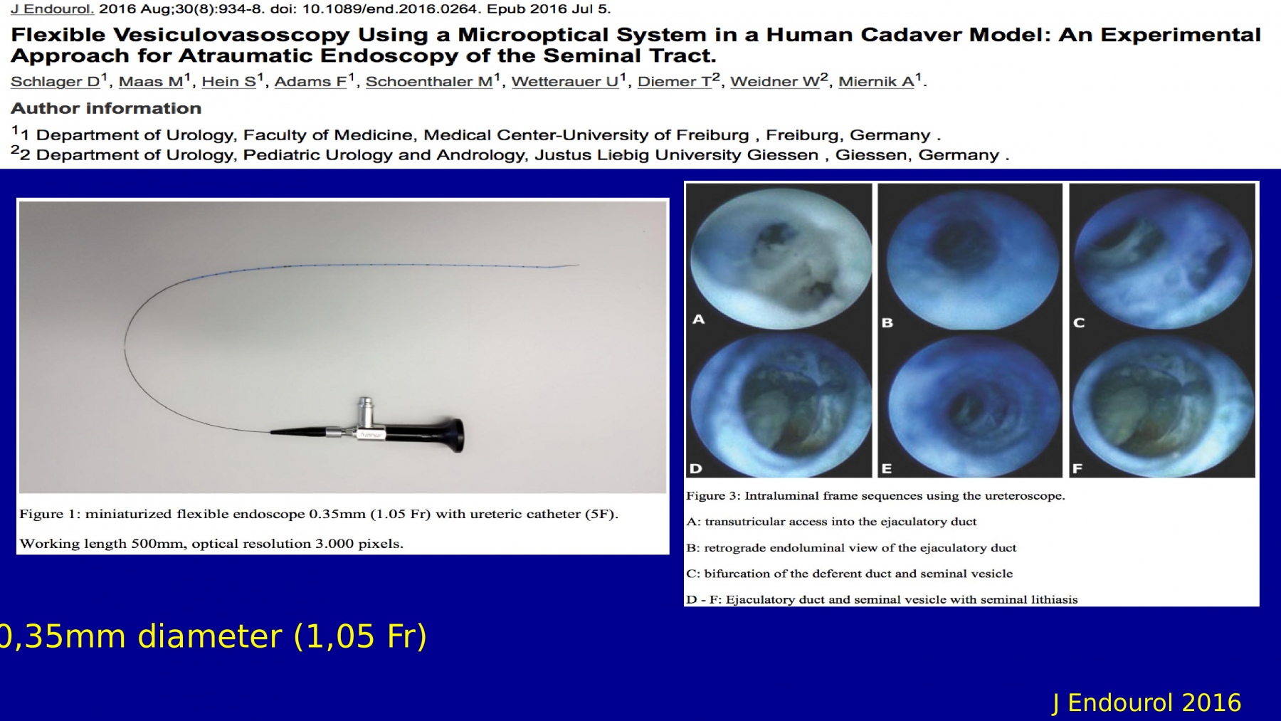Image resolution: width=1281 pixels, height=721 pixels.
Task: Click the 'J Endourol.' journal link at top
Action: pos(52,10)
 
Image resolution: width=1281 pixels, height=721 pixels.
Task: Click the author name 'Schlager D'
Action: pos(56,82)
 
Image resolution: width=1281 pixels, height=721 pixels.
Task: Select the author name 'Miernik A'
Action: pos(876,82)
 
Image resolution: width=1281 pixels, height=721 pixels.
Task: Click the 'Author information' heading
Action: pos(106,108)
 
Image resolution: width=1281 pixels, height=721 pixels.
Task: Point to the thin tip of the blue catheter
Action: pos(577,265)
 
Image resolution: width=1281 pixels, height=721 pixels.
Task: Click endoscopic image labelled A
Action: pos(780,257)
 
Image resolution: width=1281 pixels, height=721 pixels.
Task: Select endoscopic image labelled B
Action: pos(969,257)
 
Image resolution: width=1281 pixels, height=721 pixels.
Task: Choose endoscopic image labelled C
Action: pos(1161,257)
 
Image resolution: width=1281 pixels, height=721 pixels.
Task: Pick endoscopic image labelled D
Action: pos(780,406)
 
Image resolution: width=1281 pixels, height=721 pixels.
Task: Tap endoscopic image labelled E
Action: pos(969,406)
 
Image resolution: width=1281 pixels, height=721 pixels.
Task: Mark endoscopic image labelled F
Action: pos(1161,406)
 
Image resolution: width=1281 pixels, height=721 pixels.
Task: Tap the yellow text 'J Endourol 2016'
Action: pos(1146,703)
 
